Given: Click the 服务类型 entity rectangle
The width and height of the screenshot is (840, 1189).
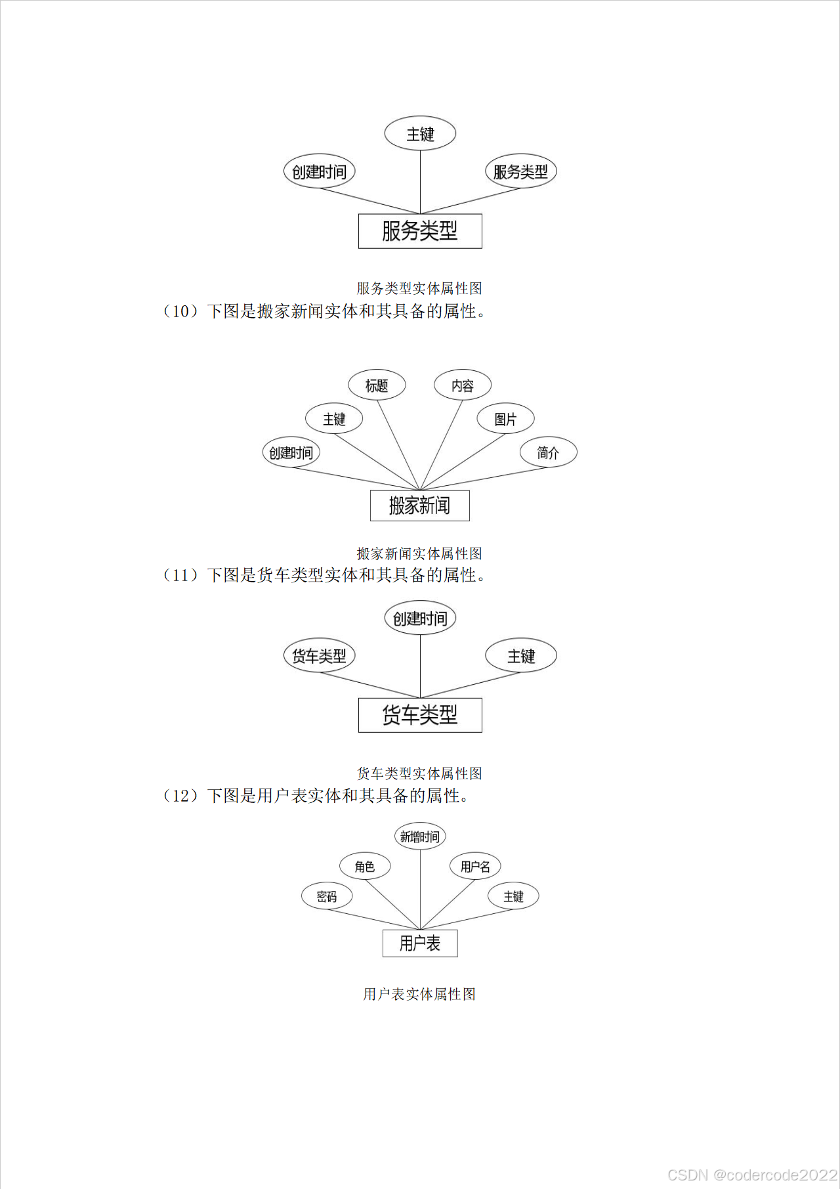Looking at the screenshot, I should coord(420,231).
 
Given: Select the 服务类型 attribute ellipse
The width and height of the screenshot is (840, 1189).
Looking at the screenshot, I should coord(520,172).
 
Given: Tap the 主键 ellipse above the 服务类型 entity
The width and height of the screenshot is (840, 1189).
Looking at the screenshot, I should coord(420,134).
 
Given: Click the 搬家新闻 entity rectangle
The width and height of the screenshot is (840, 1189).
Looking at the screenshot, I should coord(420,506).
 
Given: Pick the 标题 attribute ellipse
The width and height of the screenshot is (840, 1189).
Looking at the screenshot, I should coord(377,385).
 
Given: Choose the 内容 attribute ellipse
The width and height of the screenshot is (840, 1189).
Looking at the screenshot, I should coord(463,385).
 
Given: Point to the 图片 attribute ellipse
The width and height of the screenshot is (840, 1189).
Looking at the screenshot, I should coord(505,419).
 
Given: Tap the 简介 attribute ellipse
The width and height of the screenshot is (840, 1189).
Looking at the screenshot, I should coord(548,452).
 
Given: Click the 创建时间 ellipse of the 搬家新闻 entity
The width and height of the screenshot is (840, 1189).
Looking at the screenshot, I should coord(291,452).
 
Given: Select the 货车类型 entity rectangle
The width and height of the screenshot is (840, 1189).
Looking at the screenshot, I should coord(420,715).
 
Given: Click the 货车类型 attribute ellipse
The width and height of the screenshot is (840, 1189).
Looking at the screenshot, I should coord(319,656).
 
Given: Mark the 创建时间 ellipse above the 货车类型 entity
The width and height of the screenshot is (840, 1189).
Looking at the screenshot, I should coord(420,618).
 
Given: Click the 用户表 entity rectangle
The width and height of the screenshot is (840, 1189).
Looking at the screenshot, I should coord(420,943).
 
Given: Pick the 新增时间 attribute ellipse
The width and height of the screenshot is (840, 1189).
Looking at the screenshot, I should coord(420,836).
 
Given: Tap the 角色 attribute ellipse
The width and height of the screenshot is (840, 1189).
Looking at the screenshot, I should coord(365,867).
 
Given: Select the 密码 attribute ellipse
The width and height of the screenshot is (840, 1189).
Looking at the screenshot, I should coord(327,896).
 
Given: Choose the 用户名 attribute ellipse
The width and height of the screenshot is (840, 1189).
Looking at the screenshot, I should coord(475,867).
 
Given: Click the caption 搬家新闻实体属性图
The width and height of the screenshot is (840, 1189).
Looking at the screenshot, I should coord(419,553).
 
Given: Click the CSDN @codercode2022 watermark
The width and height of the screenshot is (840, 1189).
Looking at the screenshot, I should coord(752,1175).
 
